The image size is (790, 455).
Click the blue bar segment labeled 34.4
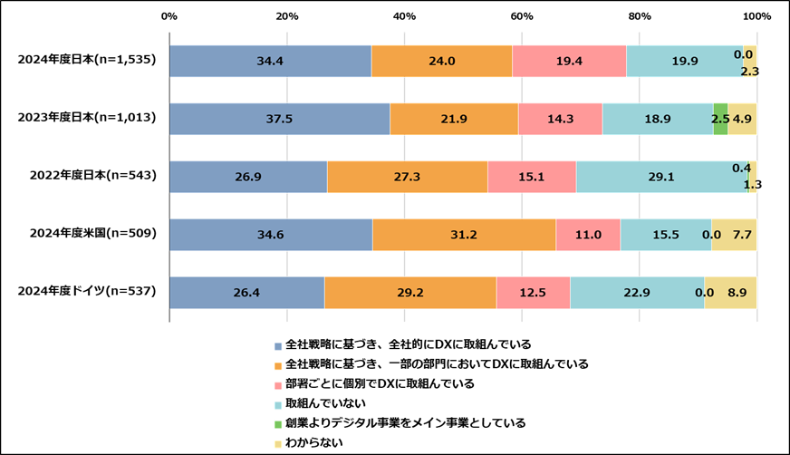tap(270, 61)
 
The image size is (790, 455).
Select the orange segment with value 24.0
tap(441, 61)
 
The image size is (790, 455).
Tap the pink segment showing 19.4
tap(569, 61)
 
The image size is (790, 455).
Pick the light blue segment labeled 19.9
tap(684, 61)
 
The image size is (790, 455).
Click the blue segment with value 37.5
tap(279, 119)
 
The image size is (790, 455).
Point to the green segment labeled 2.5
tap(720, 119)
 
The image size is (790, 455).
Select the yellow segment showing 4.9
tap(742, 119)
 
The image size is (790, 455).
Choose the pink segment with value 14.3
tap(560, 119)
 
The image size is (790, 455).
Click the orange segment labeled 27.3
tap(407, 177)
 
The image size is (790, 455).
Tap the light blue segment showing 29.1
tap(661, 177)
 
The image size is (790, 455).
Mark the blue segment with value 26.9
tap(248, 177)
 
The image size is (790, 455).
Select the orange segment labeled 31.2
tap(464, 235)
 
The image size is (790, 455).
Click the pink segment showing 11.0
tap(588, 235)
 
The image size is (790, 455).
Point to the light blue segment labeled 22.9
tap(637, 293)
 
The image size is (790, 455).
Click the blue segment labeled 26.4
tap(246, 293)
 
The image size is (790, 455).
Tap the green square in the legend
tap(278, 424)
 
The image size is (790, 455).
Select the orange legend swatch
tap(278, 366)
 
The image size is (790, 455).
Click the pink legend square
tap(278, 386)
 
